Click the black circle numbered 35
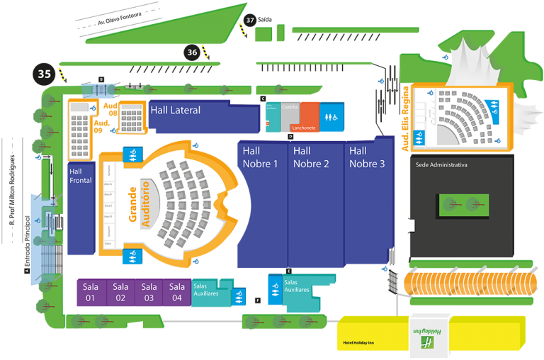click(45, 73)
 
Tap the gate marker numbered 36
click(192, 52)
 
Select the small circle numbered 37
click(250, 20)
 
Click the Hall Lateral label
click(175, 111)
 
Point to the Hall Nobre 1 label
click(260, 157)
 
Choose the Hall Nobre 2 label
click(311, 157)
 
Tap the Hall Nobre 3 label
click(367, 157)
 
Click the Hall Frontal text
click(81, 176)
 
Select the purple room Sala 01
click(91, 292)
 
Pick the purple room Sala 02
click(120, 292)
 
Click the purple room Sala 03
click(149, 292)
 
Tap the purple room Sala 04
click(177, 292)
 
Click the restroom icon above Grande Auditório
click(132, 153)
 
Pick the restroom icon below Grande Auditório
click(132, 256)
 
